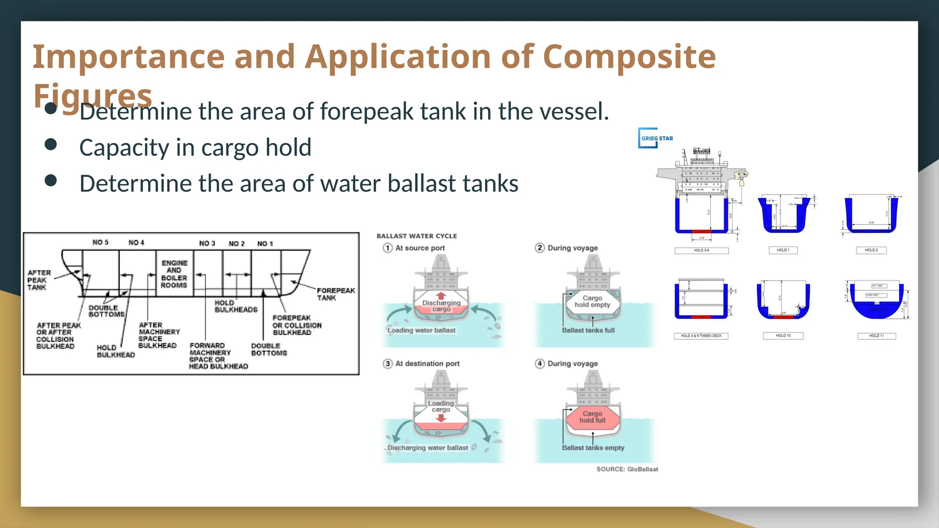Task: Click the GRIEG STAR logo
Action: [656, 138]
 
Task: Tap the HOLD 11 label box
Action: [876, 336]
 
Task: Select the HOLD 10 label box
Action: [783, 336]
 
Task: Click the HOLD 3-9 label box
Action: [701, 251]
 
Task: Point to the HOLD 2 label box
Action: [871, 250]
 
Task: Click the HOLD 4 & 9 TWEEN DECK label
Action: [701, 336]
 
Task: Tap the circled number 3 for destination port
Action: [388, 363]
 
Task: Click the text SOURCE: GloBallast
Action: [627, 469]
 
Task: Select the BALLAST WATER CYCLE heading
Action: [417, 236]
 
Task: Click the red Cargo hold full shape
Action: [592, 417]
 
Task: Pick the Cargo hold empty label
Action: [592, 302]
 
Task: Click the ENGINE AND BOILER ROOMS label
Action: [174, 274]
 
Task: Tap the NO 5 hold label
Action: [100, 242]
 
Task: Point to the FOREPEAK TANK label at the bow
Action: [335, 294]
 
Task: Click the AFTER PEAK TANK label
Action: [39, 280]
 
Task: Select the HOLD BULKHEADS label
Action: [236, 306]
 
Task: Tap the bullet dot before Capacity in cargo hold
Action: [51, 145]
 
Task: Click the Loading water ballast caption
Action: [421, 330]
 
